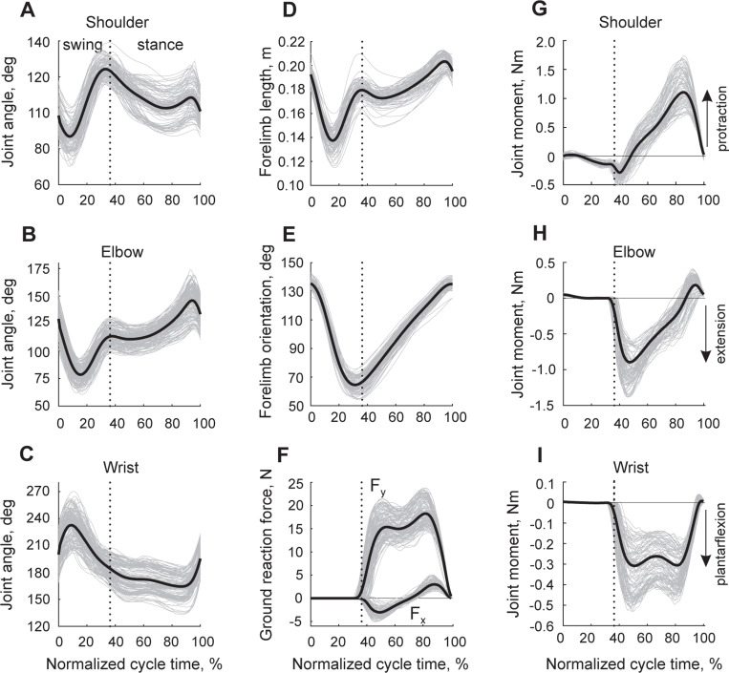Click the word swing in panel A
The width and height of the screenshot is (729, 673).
click(x=81, y=43)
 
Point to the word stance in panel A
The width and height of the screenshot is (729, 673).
click(x=156, y=43)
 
